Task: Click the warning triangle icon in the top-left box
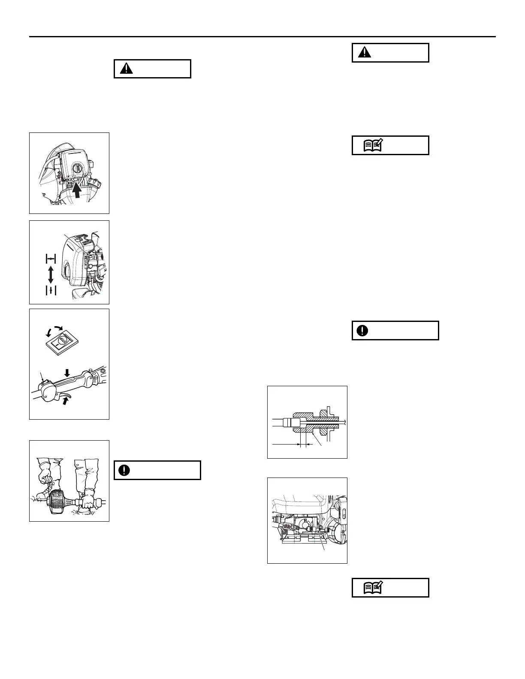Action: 126,69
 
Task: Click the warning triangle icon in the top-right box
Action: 365,53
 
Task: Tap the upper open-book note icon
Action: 371,146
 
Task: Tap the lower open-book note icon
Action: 371,588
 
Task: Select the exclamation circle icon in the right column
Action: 362,330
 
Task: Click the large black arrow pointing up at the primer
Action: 77,189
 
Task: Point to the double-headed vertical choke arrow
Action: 51,274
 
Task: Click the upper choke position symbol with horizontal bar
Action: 51,258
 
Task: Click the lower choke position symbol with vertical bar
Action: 51,290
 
